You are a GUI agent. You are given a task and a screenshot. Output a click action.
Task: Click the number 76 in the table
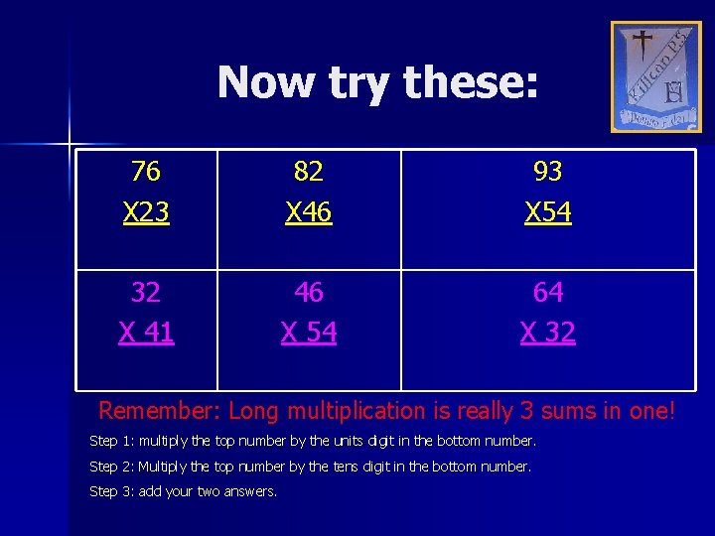click(x=146, y=172)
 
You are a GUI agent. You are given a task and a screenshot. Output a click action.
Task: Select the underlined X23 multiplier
click(x=146, y=212)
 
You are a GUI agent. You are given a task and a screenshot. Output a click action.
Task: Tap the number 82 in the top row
click(x=309, y=172)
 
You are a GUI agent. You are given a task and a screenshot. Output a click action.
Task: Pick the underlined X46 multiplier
click(x=309, y=212)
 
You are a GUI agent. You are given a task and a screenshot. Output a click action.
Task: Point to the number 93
click(x=548, y=172)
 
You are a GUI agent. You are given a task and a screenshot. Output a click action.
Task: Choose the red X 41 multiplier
click(x=146, y=333)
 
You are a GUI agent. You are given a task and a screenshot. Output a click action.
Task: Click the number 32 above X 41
click(x=146, y=292)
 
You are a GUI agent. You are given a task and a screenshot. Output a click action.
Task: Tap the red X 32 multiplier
click(x=548, y=333)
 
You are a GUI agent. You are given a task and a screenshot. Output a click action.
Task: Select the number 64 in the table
click(x=548, y=292)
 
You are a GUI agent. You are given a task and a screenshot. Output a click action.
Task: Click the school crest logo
click(x=655, y=77)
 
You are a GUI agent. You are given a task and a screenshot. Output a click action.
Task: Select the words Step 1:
click(x=112, y=441)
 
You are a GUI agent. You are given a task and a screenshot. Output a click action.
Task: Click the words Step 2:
click(x=112, y=467)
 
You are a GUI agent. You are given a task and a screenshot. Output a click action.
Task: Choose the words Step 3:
click(x=112, y=491)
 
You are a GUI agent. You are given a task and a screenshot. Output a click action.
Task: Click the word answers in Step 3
click(x=251, y=492)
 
